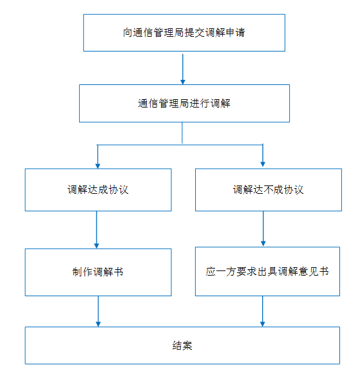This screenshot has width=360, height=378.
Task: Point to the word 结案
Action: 182,345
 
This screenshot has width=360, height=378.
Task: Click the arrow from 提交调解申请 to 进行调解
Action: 183,69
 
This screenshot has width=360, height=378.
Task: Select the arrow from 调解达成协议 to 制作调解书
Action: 97,230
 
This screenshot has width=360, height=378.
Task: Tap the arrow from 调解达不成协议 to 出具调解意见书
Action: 263,229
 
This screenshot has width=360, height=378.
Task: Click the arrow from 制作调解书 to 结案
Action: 98,311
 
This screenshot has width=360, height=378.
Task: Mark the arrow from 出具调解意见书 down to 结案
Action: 263,311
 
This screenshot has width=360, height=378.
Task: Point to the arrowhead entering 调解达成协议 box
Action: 98,166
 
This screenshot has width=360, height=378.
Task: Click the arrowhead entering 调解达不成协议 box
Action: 263,164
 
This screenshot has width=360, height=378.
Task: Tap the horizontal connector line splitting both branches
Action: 180,145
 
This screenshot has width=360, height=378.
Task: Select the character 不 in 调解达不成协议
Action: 268,190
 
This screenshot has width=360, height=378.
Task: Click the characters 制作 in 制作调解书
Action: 82,272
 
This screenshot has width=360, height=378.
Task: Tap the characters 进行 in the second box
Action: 200,104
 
